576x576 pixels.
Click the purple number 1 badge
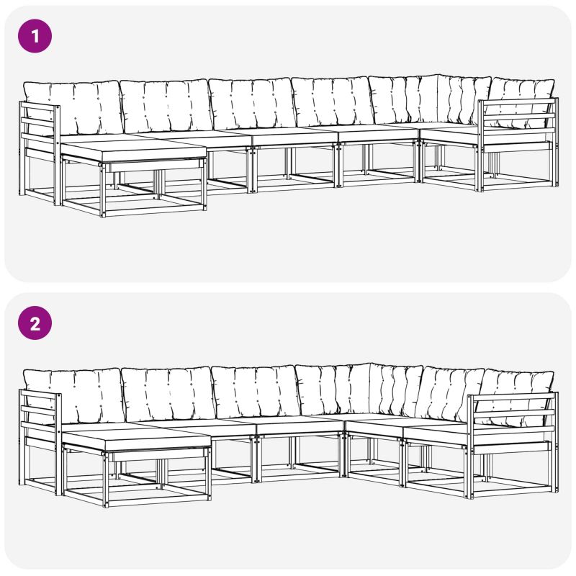tap(35, 36)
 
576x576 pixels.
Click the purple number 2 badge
tap(35, 323)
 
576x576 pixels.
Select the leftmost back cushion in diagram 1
tap(73, 109)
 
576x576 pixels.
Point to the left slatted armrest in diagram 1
tap(40, 153)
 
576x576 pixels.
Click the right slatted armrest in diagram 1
tap(518, 144)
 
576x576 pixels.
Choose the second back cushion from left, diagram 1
tap(166, 106)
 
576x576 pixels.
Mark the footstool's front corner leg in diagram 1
tap(103, 190)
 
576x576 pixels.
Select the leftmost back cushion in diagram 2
tap(73, 396)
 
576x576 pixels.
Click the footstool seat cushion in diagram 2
tap(137, 439)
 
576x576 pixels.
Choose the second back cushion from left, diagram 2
tap(168, 395)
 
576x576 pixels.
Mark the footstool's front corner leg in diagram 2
tap(106, 480)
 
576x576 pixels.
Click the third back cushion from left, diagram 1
tap(252, 104)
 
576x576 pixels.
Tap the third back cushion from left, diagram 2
tap(256, 392)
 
